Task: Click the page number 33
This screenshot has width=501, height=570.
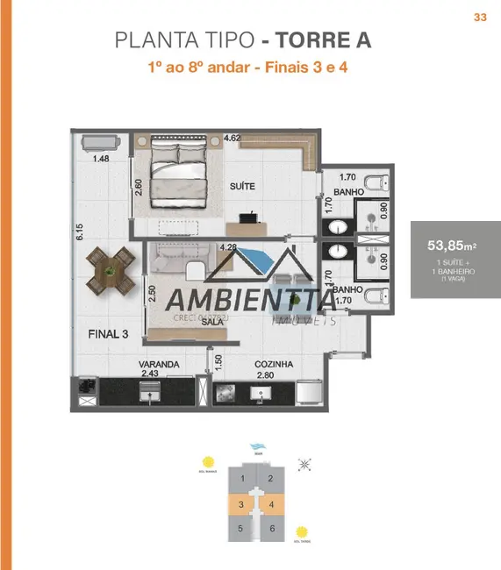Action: pyautogui.click(x=480, y=17)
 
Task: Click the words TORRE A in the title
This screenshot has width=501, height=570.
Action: pyautogui.click(x=323, y=39)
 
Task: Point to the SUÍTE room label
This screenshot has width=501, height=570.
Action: pyautogui.click(x=243, y=187)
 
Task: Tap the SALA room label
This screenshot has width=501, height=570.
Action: pyautogui.click(x=211, y=322)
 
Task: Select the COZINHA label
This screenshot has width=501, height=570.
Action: pyautogui.click(x=274, y=364)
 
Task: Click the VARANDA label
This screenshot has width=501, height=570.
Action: pyautogui.click(x=158, y=364)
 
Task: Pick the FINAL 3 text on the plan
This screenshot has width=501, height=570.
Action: pyautogui.click(x=109, y=334)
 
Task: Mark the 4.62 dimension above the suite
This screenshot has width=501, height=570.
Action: pyautogui.click(x=233, y=138)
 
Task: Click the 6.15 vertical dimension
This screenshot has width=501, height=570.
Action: pyautogui.click(x=79, y=232)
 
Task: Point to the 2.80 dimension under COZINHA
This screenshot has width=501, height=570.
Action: pyautogui.click(x=266, y=375)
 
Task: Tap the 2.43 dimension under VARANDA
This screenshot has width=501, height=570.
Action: pyautogui.click(x=151, y=375)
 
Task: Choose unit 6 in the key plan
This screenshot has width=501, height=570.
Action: pyautogui.click(x=272, y=529)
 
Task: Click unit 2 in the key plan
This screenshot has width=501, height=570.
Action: pyautogui.click(x=272, y=479)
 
